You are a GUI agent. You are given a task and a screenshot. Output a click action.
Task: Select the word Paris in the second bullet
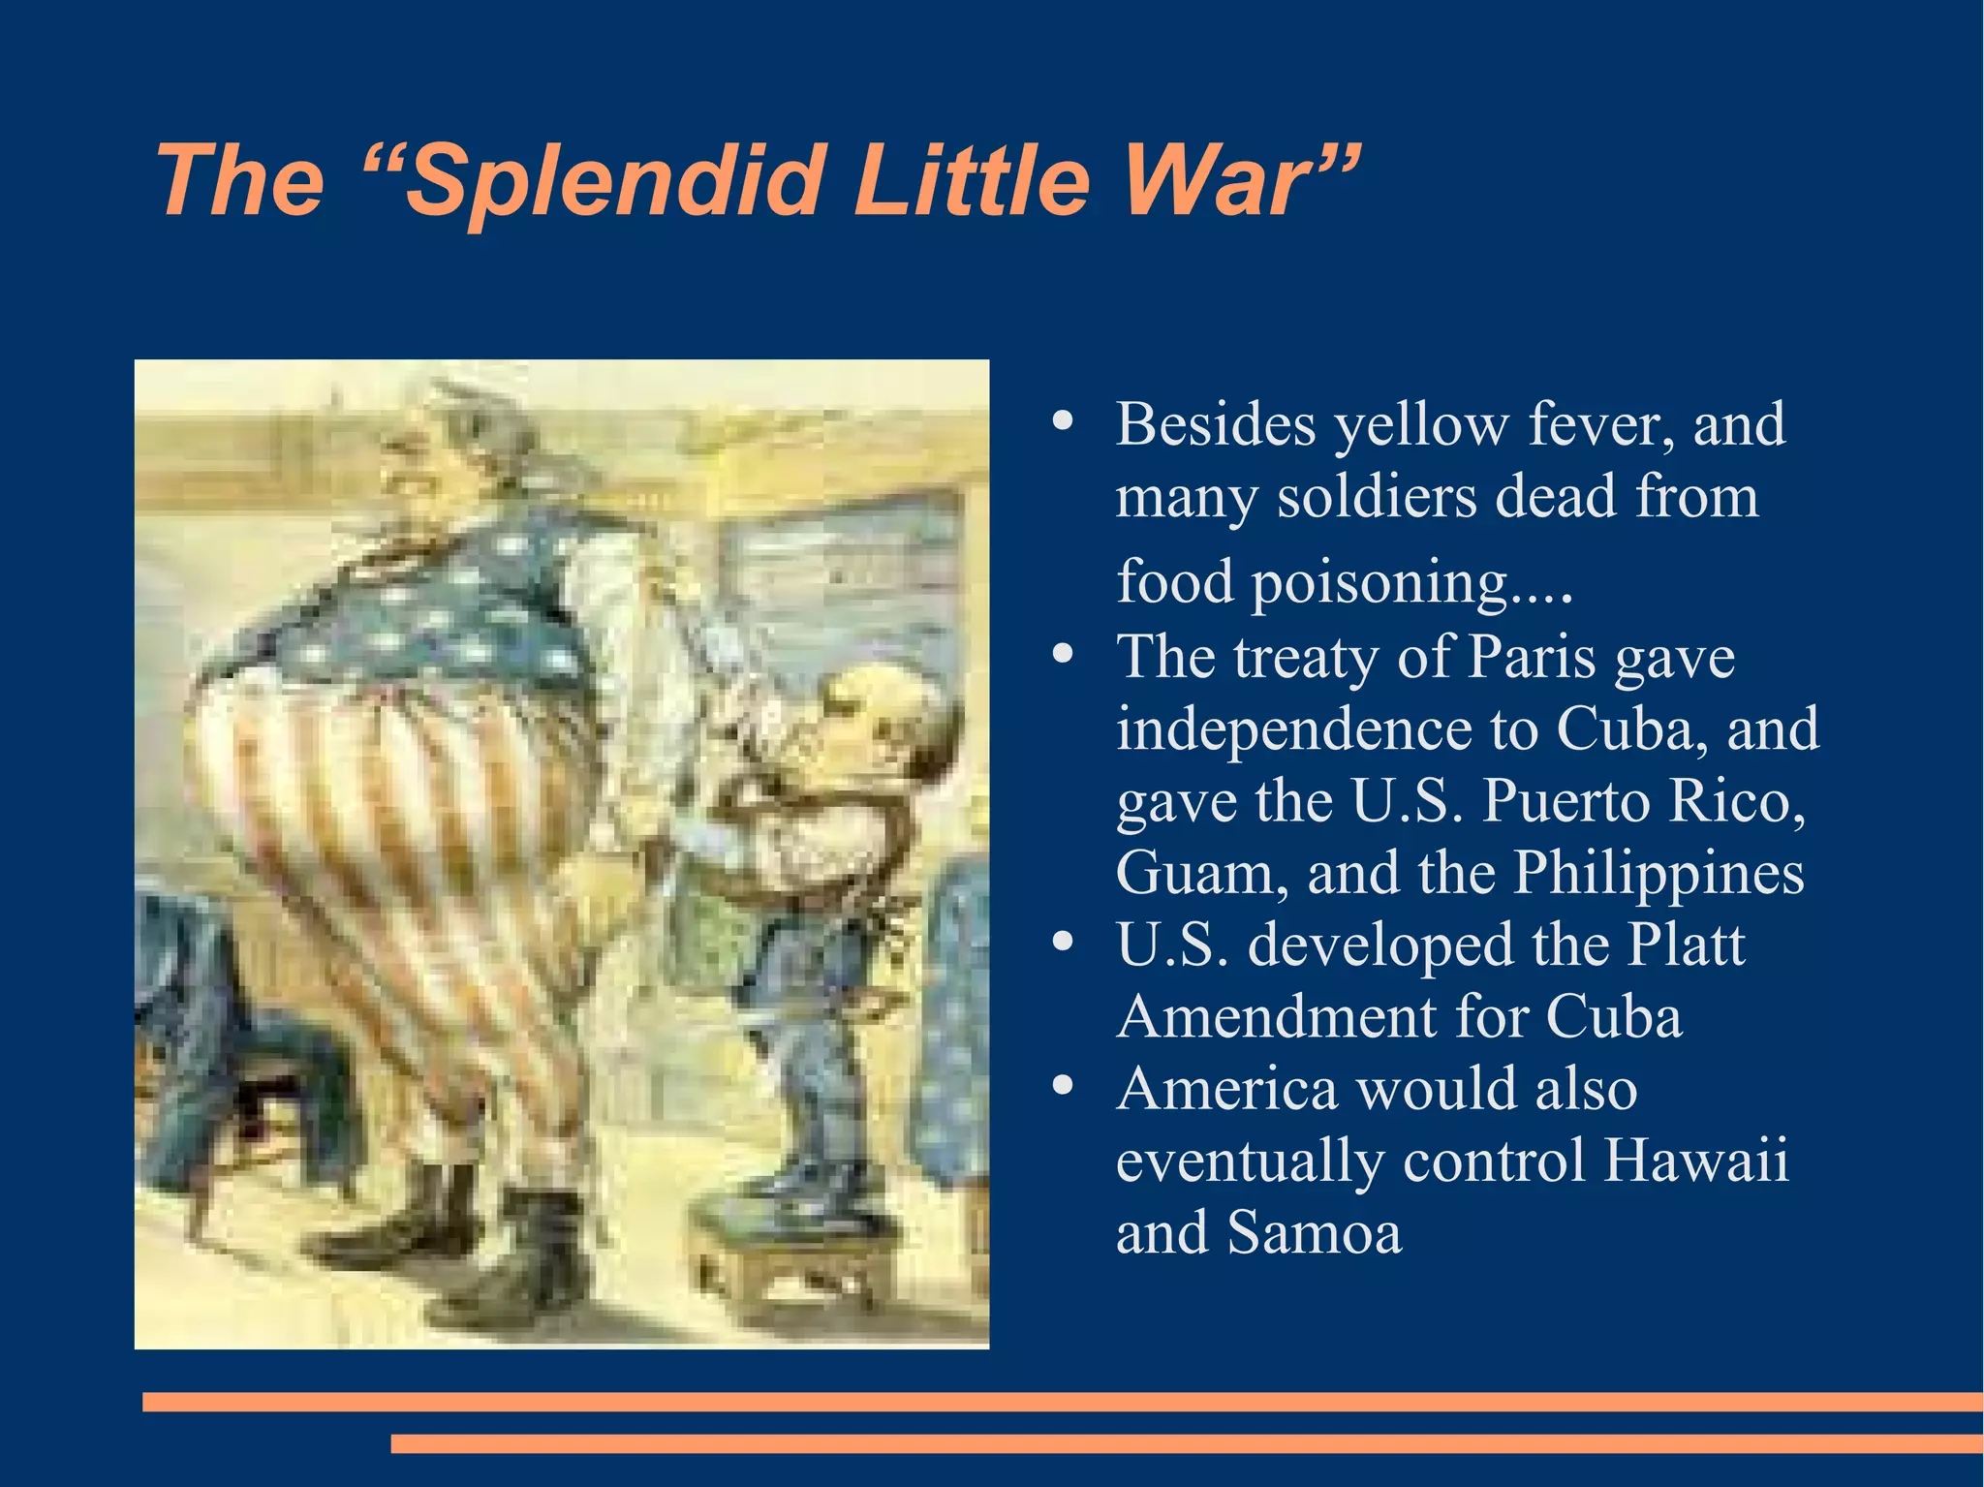[x=1532, y=658]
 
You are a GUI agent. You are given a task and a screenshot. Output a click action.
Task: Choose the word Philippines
[x=1658, y=874]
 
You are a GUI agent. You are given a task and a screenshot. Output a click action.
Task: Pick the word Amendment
[x=1277, y=1017]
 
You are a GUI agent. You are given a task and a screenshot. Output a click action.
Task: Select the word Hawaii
[x=1694, y=1160]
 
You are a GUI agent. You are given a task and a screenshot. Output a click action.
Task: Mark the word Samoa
[x=1314, y=1233]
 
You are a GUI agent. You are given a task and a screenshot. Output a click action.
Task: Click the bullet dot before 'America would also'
[x=1063, y=1086]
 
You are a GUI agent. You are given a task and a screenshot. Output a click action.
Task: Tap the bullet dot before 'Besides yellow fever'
[x=1063, y=421]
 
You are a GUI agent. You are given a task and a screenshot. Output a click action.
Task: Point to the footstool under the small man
[x=794, y=1259]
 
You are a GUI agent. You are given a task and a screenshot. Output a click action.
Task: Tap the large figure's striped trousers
[x=407, y=872]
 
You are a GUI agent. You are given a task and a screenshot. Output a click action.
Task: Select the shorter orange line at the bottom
[x=1187, y=1443]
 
